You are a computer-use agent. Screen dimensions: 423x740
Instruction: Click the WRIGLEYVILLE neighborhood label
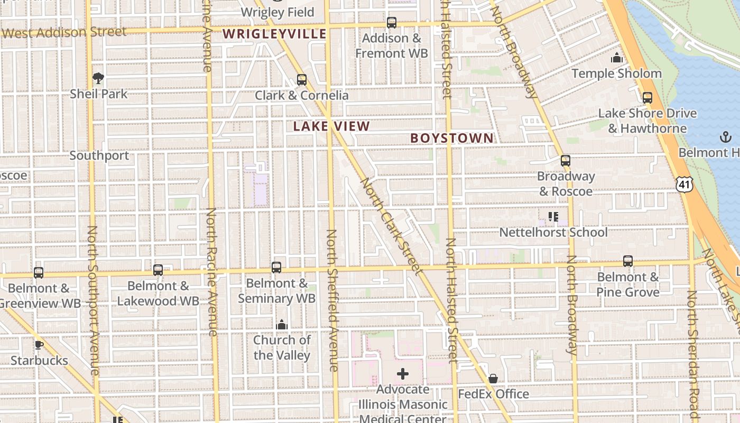point(274,34)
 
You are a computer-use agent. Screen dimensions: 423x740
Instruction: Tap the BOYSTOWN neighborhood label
point(452,138)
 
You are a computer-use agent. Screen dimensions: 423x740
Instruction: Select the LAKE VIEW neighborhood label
point(331,126)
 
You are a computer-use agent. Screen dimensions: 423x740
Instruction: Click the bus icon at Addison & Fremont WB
point(392,23)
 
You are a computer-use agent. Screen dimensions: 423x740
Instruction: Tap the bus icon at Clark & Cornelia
point(302,80)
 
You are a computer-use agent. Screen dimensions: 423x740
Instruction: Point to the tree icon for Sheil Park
point(98,79)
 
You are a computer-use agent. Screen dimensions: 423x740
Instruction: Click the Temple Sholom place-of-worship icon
point(617,58)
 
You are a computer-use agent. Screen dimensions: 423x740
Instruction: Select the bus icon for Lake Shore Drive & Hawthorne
point(647,98)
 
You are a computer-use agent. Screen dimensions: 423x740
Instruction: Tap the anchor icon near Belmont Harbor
point(726,137)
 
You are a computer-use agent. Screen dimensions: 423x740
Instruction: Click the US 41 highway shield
point(684,184)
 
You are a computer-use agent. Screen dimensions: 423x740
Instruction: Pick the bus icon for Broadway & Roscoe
point(566,161)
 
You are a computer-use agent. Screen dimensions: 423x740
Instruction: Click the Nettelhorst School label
point(553,232)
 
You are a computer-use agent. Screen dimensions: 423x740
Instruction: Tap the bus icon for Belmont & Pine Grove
point(628,261)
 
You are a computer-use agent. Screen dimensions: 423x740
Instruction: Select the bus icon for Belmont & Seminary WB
point(276,268)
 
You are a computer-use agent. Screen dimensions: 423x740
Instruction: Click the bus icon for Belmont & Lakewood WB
point(158,270)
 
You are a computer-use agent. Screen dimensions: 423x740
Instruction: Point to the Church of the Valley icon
point(282,325)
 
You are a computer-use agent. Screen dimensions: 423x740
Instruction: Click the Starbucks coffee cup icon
point(39,345)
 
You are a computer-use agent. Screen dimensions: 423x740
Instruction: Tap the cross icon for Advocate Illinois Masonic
point(403,374)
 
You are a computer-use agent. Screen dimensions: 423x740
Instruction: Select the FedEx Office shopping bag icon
point(493,379)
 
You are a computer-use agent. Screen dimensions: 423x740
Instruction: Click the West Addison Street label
point(64,33)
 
